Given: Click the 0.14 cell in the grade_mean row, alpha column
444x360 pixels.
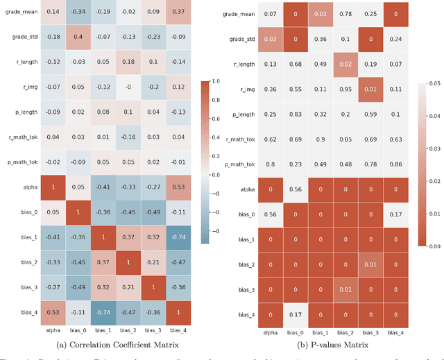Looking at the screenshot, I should (x=53, y=12).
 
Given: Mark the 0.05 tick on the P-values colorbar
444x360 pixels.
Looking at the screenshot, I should (x=433, y=82).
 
